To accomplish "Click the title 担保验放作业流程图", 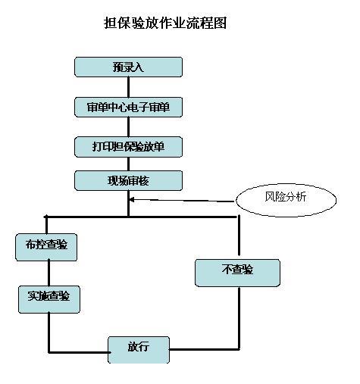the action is (x=165, y=23).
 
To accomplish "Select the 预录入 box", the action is (x=128, y=67).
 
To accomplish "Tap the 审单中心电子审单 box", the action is (x=128, y=107).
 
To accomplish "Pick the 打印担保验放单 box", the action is (x=128, y=147).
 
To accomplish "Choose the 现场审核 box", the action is (x=128, y=180).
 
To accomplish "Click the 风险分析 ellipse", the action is (x=286, y=200).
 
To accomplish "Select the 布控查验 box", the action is (x=46, y=247).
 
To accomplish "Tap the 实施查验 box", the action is (x=49, y=299).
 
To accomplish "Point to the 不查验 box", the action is (x=237, y=273).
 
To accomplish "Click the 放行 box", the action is (x=139, y=350).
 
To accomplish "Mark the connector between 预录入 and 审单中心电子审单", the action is (x=128, y=87).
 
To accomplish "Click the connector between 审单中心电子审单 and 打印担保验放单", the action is (x=128, y=127).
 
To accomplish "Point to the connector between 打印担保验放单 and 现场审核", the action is (x=128, y=164).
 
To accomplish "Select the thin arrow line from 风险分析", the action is (x=181, y=201).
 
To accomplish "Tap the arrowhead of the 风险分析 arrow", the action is (x=131, y=200).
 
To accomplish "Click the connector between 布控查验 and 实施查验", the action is (x=49, y=273).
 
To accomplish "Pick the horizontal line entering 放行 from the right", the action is (x=205, y=349).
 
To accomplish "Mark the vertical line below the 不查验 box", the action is (x=239, y=318).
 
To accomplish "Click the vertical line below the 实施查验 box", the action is (x=49, y=332).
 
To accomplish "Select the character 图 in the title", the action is (x=220, y=23).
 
